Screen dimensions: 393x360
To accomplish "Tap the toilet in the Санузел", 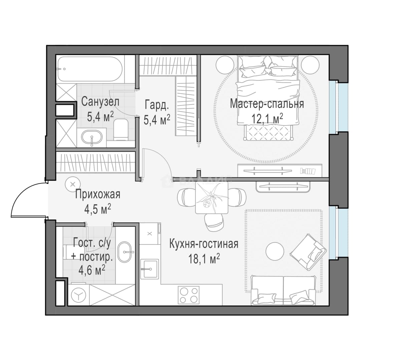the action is pyautogui.click(x=121, y=129).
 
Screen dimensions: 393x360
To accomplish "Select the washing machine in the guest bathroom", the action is pyautogui.click(x=79, y=296).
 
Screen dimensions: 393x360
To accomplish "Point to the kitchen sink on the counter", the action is pyautogui.click(x=149, y=269).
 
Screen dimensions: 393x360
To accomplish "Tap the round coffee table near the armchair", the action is pyautogui.click(x=275, y=252).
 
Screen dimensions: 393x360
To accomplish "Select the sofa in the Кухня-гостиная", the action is pyautogui.click(x=283, y=290).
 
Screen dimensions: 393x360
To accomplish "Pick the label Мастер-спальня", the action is pyautogui.click(x=267, y=104).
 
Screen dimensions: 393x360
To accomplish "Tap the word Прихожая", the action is pyautogui.click(x=98, y=194).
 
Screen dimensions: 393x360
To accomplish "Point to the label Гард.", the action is pyautogui.click(x=157, y=105).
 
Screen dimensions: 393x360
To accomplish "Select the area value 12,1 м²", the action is pyautogui.click(x=267, y=118).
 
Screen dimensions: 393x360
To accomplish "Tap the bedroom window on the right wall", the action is pyautogui.click(x=334, y=106).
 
